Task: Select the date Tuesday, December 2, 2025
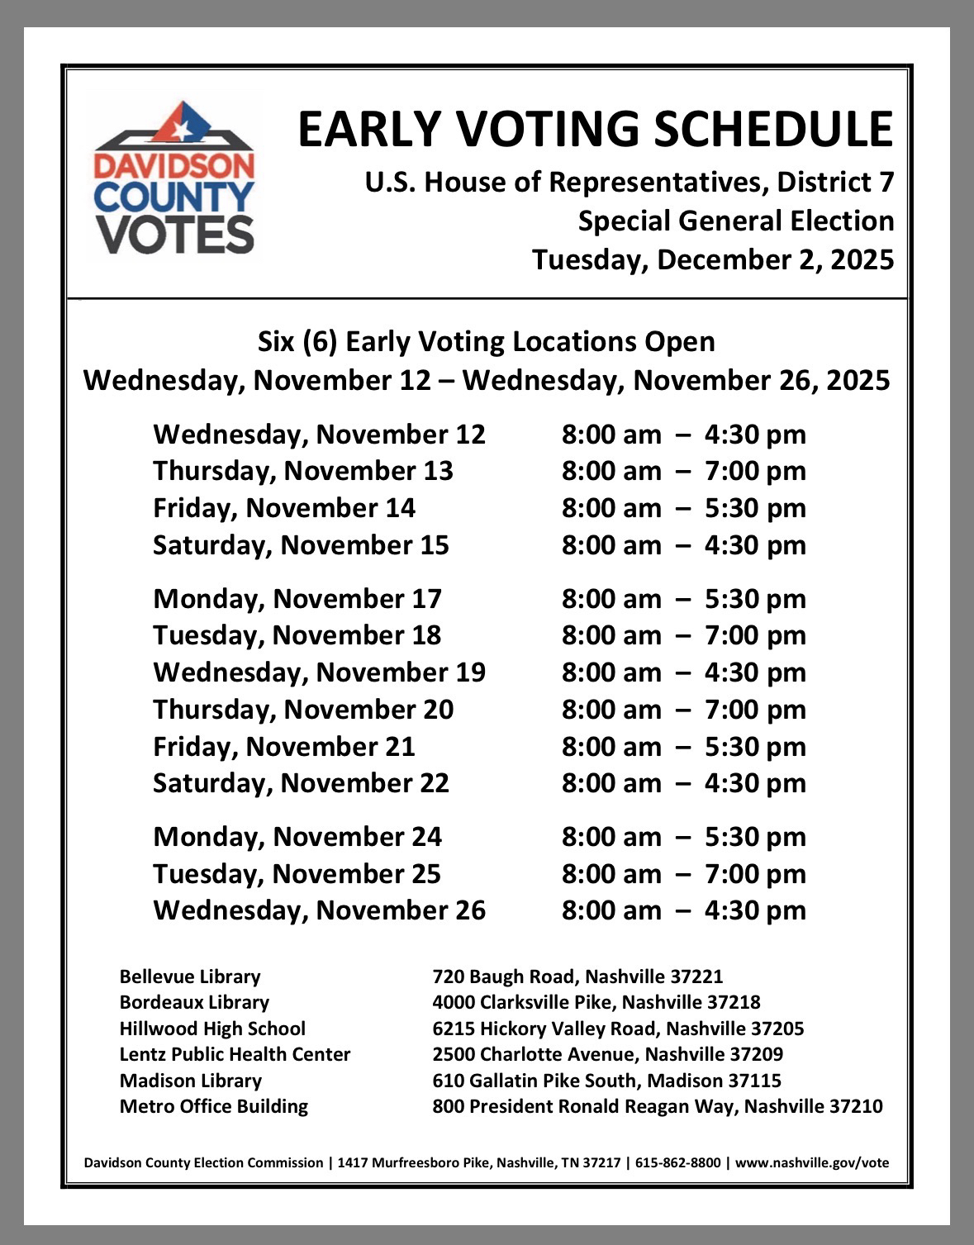coord(713,259)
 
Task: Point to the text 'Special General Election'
coord(735,221)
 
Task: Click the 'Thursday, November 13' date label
coord(303,471)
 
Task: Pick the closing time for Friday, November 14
coord(755,508)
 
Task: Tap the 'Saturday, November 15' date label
coord(301,545)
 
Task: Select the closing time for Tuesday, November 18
coord(755,635)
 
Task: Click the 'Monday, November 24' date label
coord(297,837)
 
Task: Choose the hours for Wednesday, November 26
coord(683,910)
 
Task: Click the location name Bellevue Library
coord(190,977)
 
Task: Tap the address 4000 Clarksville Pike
coord(525,1002)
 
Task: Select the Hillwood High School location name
coord(212,1029)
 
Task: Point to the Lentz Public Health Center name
coord(235,1054)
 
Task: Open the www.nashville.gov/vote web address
coord(812,1163)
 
